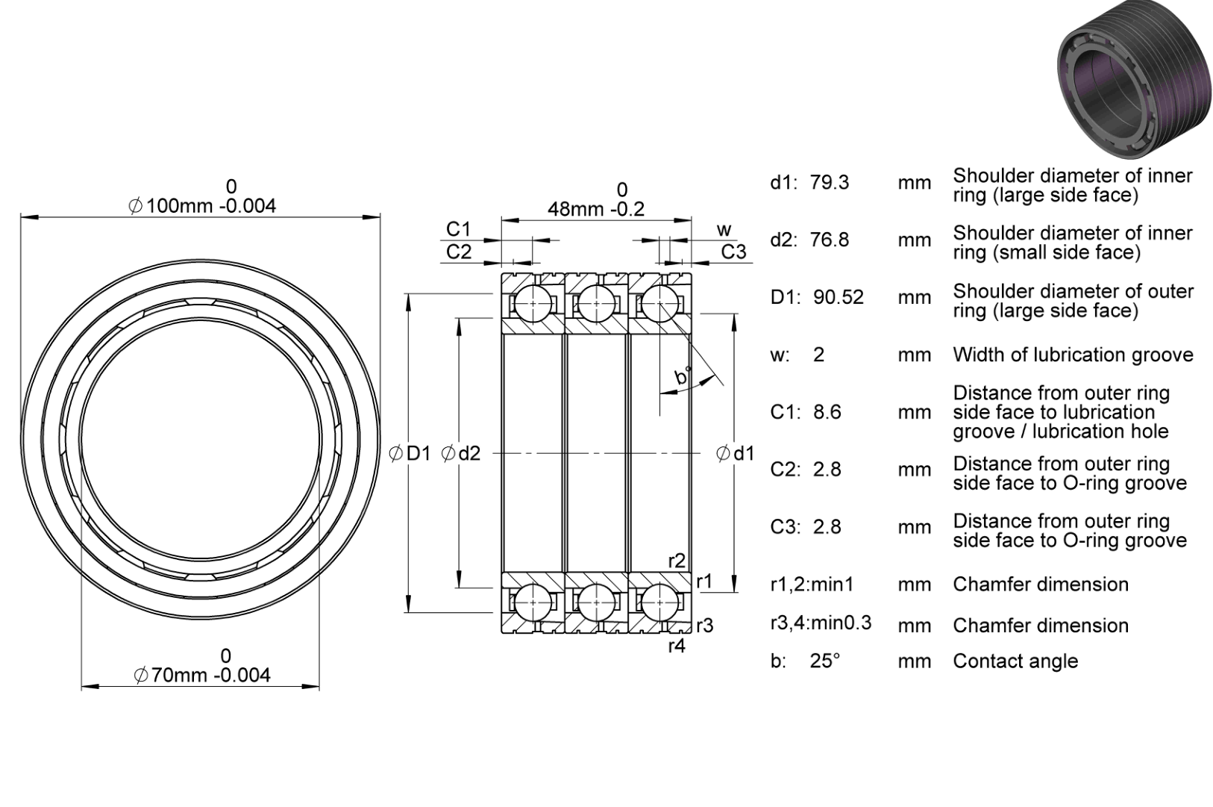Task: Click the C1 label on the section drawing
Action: (x=459, y=230)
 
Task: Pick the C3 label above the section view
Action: (x=734, y=252)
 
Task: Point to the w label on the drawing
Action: (x=724, y=231)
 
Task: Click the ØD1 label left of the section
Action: (x=410, y=453)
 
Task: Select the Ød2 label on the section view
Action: (x=461, y=453)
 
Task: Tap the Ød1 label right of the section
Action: (x=736, y=453)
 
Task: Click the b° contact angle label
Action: (x=683, y=375)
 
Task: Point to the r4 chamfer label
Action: (x=677, y=646)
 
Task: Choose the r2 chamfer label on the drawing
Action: (x=677, y=561)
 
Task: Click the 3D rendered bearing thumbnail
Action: (x=1135, y=80)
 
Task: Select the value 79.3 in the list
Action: (x=830, y=183)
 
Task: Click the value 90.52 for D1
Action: (x=839, y=298)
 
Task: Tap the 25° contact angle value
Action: (x=825, y=661)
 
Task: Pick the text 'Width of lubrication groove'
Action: (x=1073, y=355)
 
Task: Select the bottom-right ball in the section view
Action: (x=659, y=602)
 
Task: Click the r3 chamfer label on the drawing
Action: (x=705, y=626)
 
